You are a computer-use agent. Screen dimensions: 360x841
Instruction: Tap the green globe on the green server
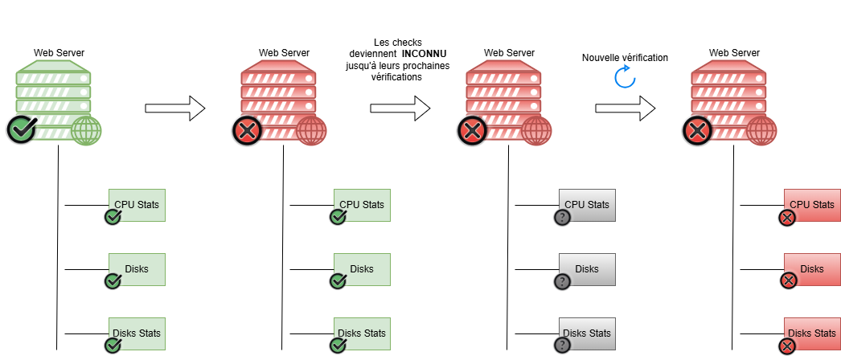87,131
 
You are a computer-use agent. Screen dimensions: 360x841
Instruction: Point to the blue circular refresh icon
625,77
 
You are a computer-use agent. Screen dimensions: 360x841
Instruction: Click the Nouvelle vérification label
625,58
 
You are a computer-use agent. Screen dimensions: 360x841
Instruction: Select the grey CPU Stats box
587,205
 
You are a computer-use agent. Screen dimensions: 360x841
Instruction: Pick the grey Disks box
587,269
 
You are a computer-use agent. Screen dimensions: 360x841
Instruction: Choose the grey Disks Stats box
587,333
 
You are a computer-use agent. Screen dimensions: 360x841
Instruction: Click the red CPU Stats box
812,205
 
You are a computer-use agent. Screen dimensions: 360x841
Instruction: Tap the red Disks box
812,269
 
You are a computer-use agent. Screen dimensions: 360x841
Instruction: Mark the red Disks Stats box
812,333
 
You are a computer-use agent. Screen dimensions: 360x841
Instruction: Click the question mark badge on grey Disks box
562,282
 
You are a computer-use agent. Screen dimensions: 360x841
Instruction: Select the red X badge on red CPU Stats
787,218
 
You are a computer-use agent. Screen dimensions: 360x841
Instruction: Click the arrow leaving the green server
175,108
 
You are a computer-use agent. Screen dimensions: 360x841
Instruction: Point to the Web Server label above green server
59,53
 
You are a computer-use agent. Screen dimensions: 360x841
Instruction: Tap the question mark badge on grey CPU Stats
562,218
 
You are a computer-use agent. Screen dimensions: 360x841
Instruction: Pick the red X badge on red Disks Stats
787,346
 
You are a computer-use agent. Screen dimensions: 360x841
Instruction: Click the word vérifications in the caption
397,77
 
